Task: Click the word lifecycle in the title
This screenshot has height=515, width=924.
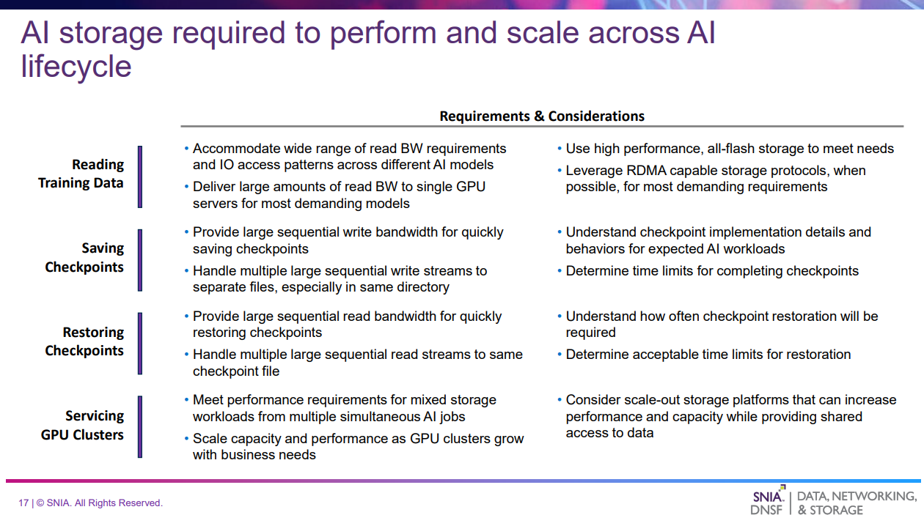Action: tap(76, 67)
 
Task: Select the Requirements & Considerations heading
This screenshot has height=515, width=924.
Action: tap(542, 116)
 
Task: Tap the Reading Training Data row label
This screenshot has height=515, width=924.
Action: tap(81, 174)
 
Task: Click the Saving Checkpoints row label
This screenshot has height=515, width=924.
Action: tap(84, 258)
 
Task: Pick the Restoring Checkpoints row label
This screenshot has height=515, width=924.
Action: tap(84, 341)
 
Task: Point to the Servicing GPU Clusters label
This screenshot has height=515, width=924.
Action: tap(82, 425)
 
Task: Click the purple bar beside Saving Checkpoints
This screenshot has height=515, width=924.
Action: tap(140, 260)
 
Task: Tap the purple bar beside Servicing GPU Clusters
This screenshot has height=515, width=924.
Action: tap(140, 427)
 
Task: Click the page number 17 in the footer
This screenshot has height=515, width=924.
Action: tap(23, 503)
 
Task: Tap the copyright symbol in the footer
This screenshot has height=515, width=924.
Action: tap(40, 503)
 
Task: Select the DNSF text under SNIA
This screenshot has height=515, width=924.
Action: tap(766, 510)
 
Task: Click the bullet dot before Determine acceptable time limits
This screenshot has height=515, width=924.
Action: tap(560, 354)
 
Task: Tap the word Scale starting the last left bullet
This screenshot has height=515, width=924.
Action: tap(210, 438)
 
